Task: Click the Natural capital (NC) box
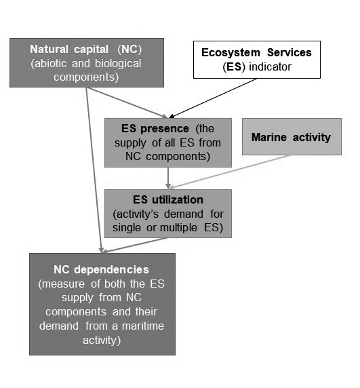87,62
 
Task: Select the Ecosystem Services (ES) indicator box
257,60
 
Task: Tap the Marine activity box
292,136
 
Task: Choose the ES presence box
168,142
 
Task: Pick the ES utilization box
168,214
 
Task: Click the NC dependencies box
102,304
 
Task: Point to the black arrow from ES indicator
213,98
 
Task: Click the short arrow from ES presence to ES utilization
168,178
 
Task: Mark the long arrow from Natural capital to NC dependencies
94,170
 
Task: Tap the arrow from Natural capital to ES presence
127,102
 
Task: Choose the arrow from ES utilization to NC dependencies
135,246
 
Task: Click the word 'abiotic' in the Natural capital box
49,63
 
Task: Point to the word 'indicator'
271,66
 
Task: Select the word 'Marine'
269,137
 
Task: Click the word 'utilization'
178,199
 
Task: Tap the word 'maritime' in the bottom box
143,326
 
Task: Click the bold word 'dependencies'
111,270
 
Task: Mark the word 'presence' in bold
165,129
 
